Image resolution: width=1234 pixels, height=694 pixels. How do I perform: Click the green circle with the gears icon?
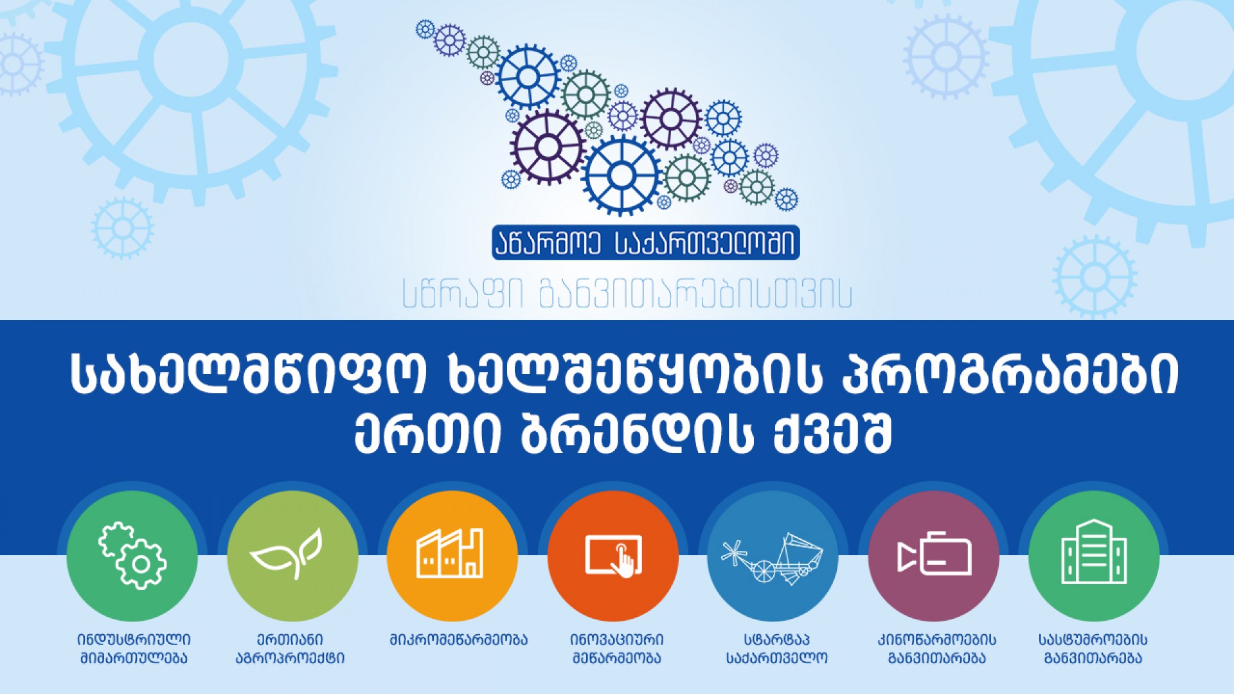tap(132, 556)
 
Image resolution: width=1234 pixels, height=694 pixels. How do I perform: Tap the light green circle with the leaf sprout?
tap(293, 556)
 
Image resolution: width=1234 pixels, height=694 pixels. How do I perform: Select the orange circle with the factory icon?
tap(452, 556)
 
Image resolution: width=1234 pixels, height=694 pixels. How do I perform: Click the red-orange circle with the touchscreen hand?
tap(613, 556)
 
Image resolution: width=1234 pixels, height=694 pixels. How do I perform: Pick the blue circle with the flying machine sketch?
tap(773, 556)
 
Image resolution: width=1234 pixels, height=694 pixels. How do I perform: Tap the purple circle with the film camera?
tap(934, 556)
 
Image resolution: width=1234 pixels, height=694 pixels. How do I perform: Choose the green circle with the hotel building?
tap(1094, 556)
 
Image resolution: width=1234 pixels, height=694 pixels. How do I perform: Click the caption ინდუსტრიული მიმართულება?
tap(134, 649)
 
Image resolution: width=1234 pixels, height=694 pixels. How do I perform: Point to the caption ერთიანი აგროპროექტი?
tap(291, 649)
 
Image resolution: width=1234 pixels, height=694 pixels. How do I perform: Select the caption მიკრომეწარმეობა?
tap(458, 640)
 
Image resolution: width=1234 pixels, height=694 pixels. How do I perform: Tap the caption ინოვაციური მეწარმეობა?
tap(617, 649)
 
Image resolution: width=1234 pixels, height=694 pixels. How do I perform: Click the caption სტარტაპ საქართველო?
tap(777, 649)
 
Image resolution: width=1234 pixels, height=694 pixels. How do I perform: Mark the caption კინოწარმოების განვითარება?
tap(937, 649)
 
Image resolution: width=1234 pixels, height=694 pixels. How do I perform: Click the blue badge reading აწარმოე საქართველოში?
tap(646, 242)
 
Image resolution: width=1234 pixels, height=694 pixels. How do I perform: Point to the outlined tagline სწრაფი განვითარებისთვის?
tap(627, 294)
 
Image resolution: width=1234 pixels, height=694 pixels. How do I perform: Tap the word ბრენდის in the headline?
tap(636, 434)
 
